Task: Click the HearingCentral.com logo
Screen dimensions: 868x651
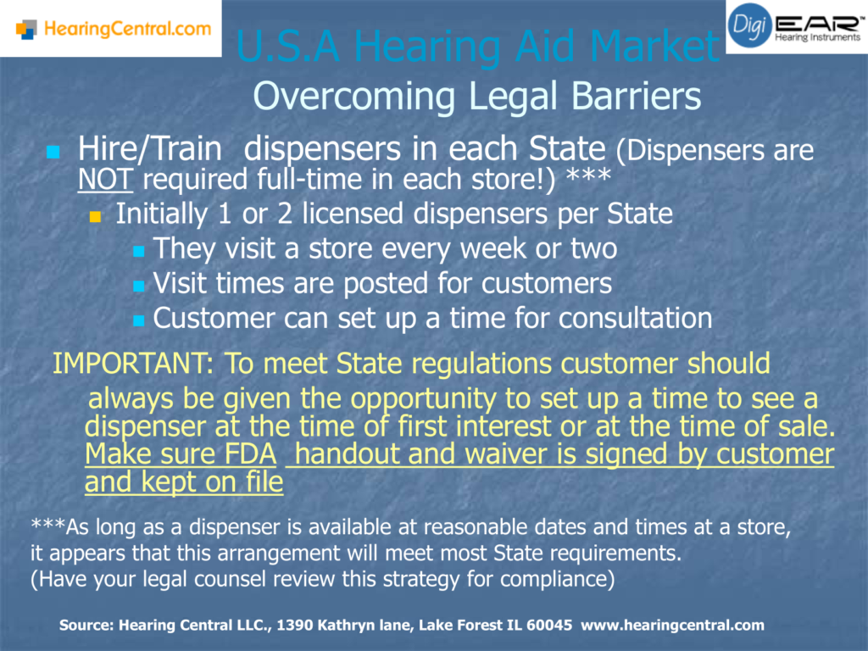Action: [114, 28]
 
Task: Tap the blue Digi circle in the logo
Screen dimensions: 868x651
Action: [749, 25]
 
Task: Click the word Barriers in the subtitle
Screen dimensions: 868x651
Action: [636, 96]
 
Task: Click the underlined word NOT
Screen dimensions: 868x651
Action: [105, 180]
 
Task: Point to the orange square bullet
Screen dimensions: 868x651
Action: [95, 216]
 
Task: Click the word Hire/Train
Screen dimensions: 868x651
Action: [149, 148]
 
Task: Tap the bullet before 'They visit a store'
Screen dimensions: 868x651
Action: [139, 251]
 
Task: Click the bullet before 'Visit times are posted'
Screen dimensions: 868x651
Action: [139, 287]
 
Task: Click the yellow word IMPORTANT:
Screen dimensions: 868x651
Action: [133, 364]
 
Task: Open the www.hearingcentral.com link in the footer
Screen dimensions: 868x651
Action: [672, 626]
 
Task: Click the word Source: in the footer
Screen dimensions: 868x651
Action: [86, 625]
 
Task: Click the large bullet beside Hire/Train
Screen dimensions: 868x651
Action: [53, 152]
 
